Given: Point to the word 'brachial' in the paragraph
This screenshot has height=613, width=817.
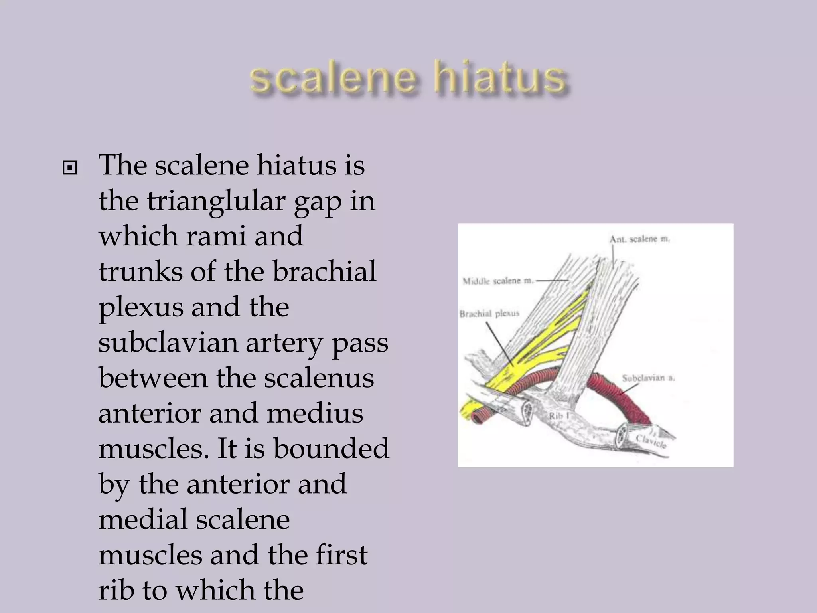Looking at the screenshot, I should pyautogui.click(x=324, y=272).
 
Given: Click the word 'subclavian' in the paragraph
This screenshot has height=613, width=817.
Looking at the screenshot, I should pyautogui.click(x=168, y=343).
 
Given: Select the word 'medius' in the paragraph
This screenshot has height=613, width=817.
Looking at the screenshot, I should pyautogui.click(x=315, y=413).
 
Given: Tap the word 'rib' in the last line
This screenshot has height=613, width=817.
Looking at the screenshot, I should pyautogui.click(x=116, y=590).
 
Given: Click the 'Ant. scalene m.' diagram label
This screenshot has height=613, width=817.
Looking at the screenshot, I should pyautogui.click(x=639, y=239).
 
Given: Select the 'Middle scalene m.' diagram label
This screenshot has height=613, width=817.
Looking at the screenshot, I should pyautogui.click(x=497, y=281).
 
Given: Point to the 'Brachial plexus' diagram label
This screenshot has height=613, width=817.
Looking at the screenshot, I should pyautogui.click(x=489, y=314).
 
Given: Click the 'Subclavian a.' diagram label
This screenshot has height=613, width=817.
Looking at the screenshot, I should pyautogui.click(x=648, y=378).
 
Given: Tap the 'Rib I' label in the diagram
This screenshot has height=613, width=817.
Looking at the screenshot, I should pyautogui.click(x=558, y=416).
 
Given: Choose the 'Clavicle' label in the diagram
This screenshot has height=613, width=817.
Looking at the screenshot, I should pyautogui.click(x=651, y=441).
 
